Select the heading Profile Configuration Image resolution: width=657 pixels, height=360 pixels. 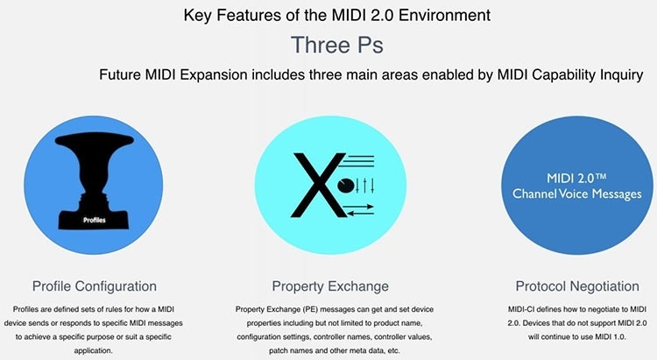[x=95, y=286]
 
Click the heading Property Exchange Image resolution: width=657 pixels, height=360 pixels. [x=328, y=286]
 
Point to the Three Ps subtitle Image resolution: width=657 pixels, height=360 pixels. [x=328, y=44]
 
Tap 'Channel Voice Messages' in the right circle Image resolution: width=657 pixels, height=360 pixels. [x=576, y=194]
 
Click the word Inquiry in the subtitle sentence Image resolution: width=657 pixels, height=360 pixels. [x=618, y=75]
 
